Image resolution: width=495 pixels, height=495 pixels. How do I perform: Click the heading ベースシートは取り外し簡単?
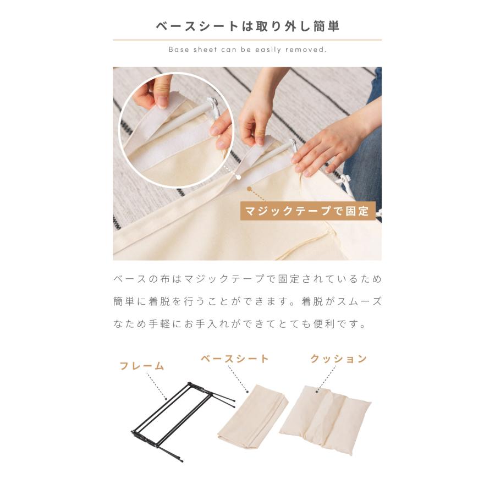248,26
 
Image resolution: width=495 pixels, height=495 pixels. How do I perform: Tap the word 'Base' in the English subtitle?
179,50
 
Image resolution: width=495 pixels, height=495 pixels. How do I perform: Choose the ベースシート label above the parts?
234,359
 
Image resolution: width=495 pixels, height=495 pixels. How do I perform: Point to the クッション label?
338,359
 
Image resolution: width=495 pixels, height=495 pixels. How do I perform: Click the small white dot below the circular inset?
238,177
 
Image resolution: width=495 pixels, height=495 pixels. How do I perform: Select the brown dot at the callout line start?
249,189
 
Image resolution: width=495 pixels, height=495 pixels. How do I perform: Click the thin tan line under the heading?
248,40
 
